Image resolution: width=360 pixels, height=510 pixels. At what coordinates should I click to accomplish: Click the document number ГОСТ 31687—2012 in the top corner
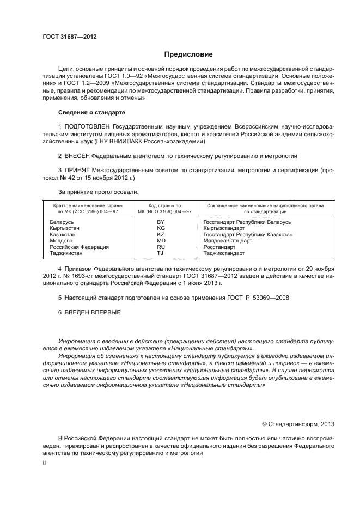(x=70, y=37)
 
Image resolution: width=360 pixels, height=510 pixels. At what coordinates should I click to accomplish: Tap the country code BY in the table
(x=161, y=223)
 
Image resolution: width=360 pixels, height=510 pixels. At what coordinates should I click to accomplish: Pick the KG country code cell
(x=161, y=229)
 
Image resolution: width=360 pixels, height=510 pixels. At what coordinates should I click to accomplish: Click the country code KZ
(x=161, y=235)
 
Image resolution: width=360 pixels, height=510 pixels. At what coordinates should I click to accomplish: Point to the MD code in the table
(x=161, y=241)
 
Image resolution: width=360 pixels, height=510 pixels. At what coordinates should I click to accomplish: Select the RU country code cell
(x=161, y=247)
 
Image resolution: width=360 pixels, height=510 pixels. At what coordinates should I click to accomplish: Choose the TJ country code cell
(x=161, y=253)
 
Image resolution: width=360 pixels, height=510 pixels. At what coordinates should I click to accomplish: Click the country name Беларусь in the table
(x=61, y=223)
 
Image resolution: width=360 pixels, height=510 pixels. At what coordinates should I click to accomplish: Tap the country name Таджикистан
(x=66, y=253)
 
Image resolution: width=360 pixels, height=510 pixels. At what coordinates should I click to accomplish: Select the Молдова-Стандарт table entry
(x=228, y=241)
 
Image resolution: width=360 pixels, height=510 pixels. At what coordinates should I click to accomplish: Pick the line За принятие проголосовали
(x=98, y=192)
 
